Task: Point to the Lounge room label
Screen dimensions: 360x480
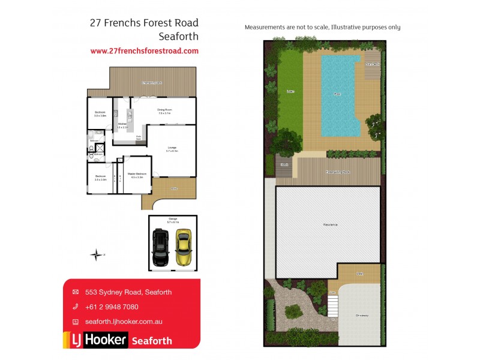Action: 172,149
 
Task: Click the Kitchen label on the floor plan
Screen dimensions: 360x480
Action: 122,125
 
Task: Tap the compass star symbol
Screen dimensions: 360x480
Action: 95,255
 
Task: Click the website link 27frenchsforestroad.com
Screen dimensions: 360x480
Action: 144,51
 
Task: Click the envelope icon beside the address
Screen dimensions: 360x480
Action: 75,292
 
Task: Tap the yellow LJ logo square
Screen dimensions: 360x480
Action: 76,340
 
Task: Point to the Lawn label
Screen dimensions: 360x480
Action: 290,92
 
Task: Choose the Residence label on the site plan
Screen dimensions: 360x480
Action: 330,224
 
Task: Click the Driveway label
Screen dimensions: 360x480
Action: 362,314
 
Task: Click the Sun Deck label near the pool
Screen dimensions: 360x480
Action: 373,64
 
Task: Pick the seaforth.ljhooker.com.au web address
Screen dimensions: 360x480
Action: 124,322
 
